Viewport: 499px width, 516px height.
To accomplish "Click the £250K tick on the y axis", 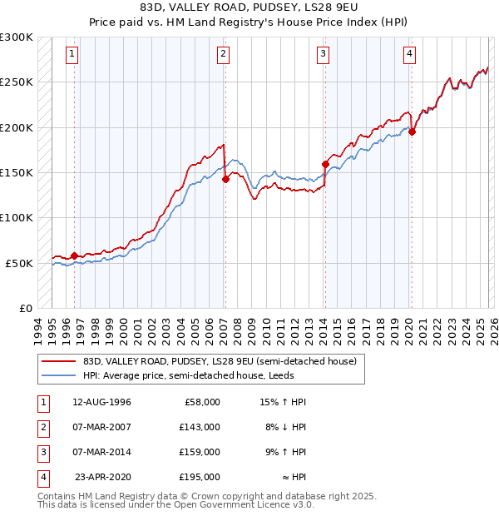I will click(17, 82).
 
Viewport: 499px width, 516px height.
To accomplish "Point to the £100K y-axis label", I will click(17, 217).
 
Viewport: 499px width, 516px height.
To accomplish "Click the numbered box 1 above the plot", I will click(73, 55).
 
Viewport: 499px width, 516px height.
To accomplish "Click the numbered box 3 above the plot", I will click(323, 55).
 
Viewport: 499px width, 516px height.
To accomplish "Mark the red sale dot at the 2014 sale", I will click(325, 165).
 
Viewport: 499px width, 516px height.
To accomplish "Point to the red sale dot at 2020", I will click(412, 131).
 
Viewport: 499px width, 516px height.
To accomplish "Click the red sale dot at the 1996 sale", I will click(75, 256).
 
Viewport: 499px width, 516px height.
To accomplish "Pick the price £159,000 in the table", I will click(200, 452).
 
